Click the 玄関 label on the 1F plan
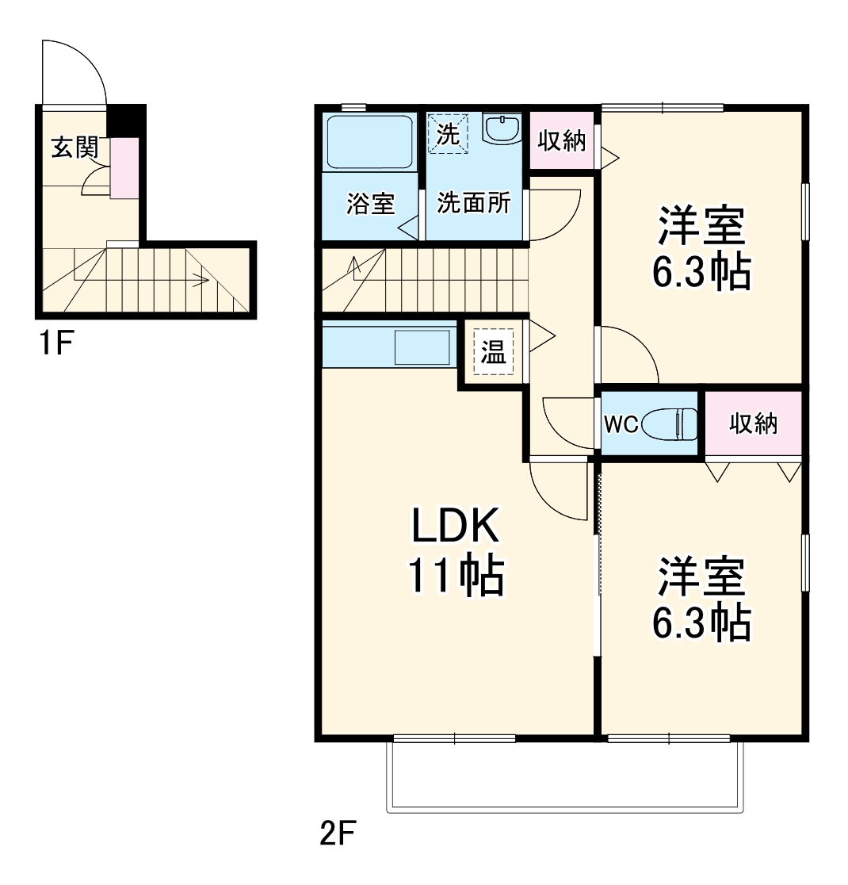74,147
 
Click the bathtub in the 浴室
369,143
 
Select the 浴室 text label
370,204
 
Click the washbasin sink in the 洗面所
502,128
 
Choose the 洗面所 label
474,204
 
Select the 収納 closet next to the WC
753,424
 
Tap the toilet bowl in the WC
670,424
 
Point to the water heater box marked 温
494,352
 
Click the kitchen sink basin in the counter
422,347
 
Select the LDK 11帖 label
454,551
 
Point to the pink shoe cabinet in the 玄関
124,167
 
